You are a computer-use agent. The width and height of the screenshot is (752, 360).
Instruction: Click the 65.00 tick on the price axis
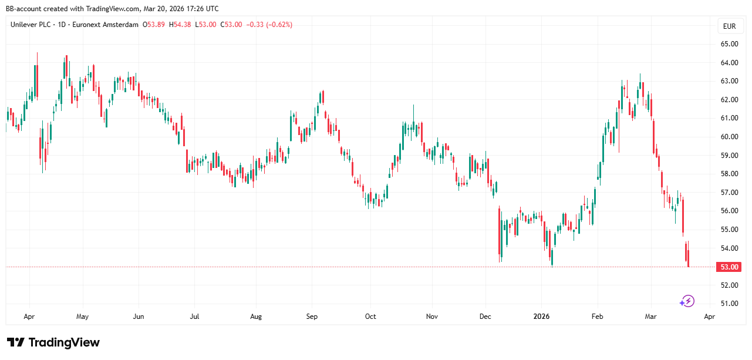click(x=729, y=44)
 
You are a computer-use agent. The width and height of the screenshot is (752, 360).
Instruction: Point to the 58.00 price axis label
click(x=729, y=174)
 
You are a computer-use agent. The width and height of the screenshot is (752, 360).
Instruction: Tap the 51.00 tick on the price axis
click(x=729, y=304)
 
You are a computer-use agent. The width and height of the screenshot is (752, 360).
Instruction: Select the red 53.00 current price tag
click(x=729, y=267)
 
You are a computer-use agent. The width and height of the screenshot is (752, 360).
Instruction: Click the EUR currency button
click(x=729, y=26)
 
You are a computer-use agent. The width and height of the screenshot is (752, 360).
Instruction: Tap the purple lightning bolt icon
click(x=687, y=301)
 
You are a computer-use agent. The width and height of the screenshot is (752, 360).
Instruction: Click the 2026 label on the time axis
click(x=541, y=317)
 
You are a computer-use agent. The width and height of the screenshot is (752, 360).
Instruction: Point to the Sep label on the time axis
click(x=312, y=317)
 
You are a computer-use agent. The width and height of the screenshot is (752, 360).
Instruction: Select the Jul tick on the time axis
click(x=194, y=317)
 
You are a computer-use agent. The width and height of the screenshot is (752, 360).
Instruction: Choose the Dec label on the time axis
click(x=485, y=317)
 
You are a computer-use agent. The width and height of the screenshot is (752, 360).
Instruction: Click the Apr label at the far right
click(x=709, y=317)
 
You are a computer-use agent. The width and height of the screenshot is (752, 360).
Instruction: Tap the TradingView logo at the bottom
click(x=53, y=342)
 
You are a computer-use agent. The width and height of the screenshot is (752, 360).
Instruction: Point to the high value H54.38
click(x=181, y=25)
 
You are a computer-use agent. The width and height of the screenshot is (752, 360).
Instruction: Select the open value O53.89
click(x=154, y=25)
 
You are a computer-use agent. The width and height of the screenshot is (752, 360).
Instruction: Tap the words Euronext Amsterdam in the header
click(x=104, y=25)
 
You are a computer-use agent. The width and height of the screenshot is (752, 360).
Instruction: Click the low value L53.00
click(x=206, y=25)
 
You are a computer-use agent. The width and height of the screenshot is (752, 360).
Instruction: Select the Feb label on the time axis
click(x=598, y=317)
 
